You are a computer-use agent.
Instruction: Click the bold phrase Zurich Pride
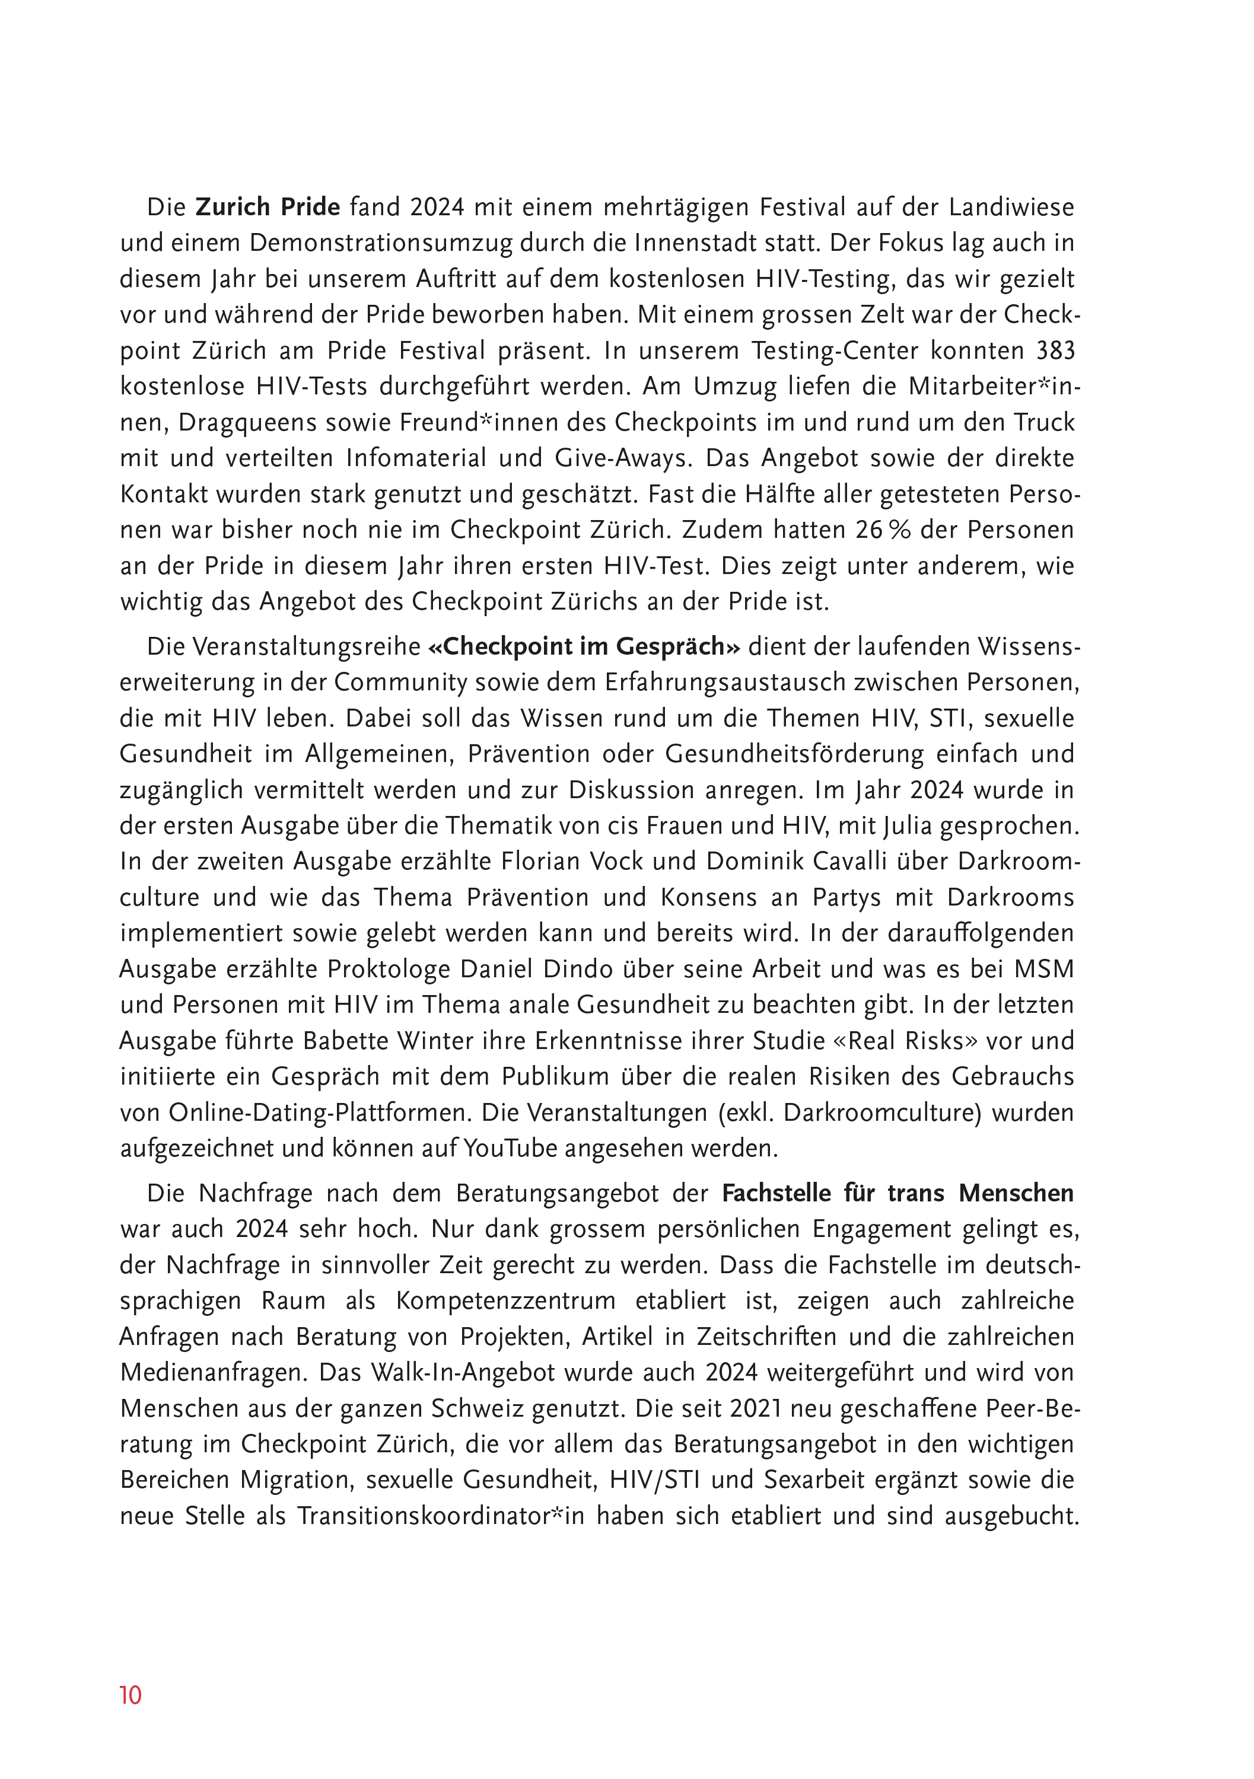268,207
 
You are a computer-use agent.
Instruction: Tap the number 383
1056,351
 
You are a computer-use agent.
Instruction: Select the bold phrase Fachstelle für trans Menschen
897,1193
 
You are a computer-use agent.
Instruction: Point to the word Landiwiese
1011,207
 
